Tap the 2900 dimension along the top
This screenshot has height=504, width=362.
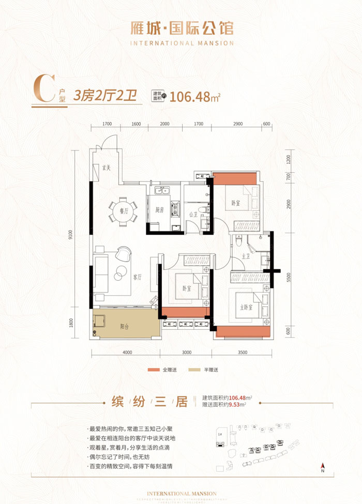point(238,124)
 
